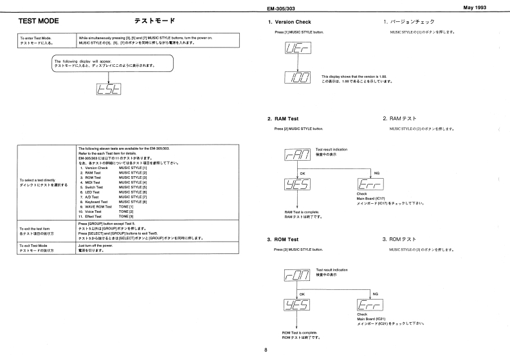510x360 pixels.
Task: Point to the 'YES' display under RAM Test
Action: coord(295,183)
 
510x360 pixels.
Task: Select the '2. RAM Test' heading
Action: coord(283,119)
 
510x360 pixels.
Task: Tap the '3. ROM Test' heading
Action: coord(283,239)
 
